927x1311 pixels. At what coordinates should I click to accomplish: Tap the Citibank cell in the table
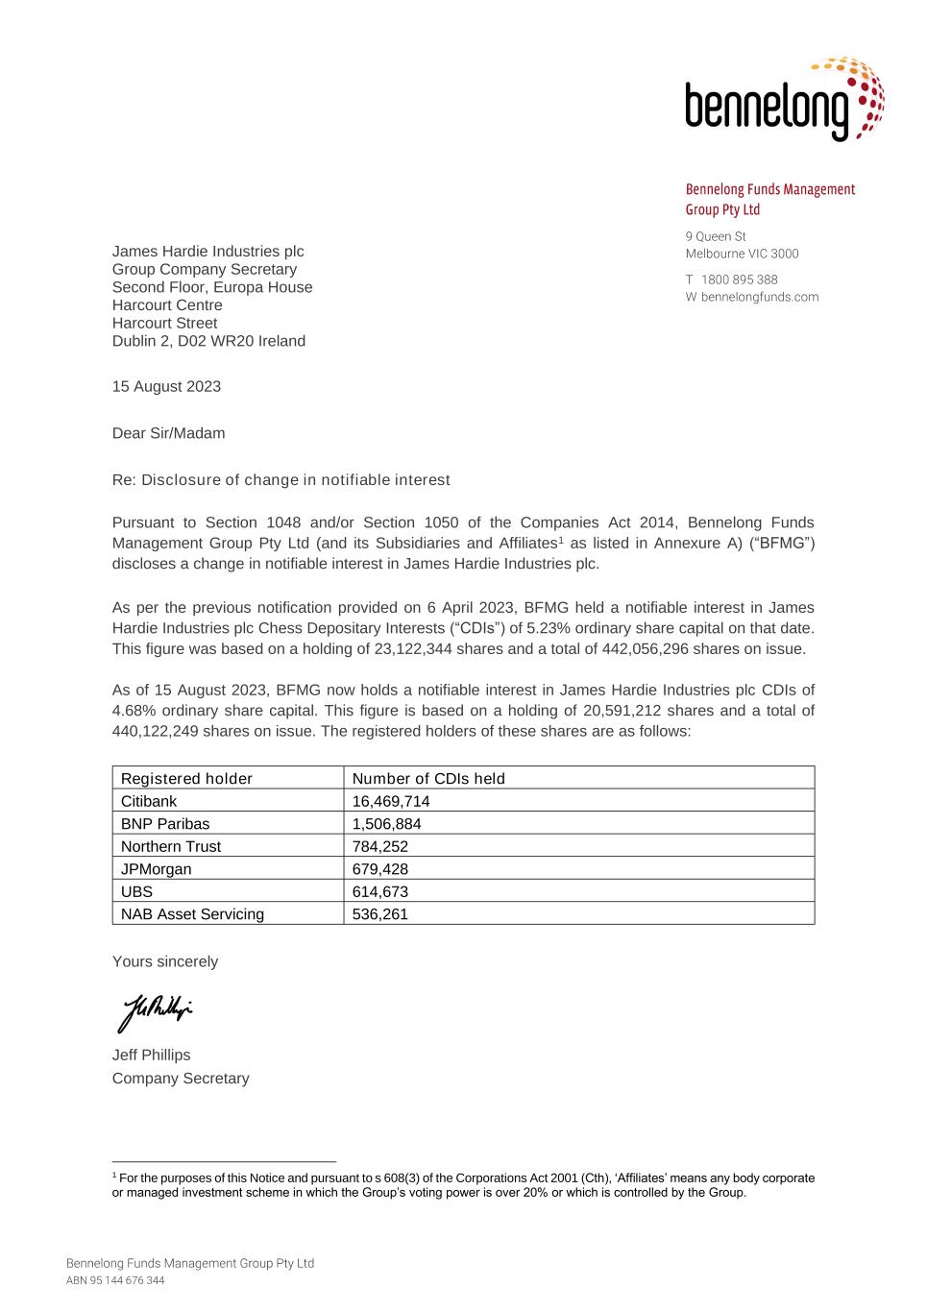(149, 801)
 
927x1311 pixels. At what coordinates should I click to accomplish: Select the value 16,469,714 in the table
(391, 801)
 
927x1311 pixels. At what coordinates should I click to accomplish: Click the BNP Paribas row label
(165, 824)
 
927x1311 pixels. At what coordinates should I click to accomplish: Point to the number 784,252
(380, 846)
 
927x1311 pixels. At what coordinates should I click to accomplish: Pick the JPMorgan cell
(156, 869)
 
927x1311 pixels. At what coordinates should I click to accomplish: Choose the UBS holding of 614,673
(380, 891)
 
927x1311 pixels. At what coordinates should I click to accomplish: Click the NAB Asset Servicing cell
(192, 914)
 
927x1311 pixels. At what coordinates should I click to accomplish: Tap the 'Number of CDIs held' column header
(428, 779)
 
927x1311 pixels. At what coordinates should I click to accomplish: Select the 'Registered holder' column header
(186, 779)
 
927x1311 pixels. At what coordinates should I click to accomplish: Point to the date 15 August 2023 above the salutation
(166, 386)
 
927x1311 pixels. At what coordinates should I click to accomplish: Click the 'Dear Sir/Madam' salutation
(169, 433)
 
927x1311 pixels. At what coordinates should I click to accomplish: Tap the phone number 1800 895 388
(739, 279)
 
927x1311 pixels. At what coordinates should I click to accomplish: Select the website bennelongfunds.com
(759, 297)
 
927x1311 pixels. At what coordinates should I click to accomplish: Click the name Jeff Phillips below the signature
(152, 1055)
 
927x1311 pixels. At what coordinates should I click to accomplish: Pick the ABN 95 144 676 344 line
(115, 1280)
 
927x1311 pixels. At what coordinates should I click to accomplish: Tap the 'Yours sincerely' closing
(165, 961)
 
